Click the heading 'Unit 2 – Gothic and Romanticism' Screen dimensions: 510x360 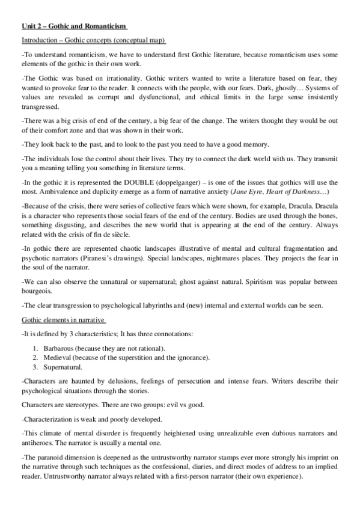point(74,26)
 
